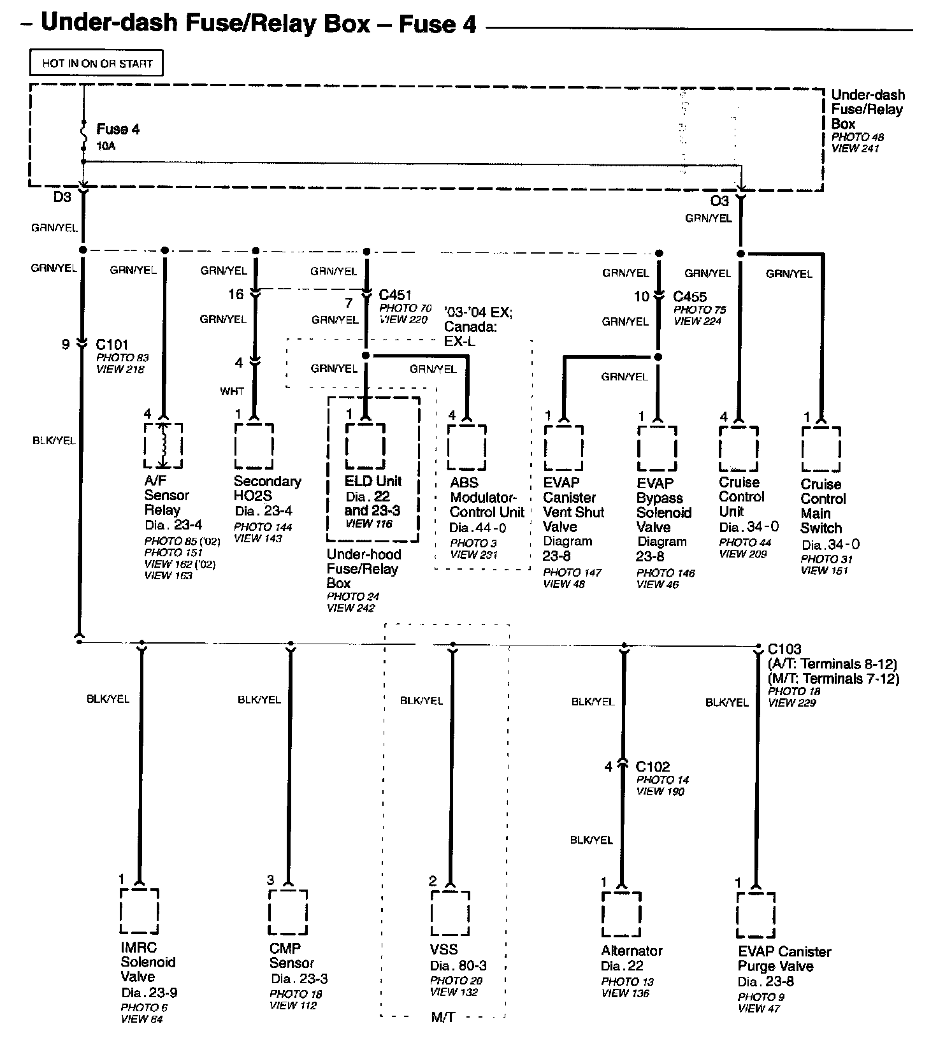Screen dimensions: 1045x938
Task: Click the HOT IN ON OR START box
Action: [x=97, y=64]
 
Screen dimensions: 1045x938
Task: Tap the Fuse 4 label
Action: [x=118, y=129]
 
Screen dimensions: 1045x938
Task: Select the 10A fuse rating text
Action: [x=106, y=146]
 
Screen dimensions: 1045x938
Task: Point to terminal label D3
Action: [x=62, y=197]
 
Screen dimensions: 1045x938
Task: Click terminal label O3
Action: [x=719, y=201]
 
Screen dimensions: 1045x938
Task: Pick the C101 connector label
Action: [x=112, y=345]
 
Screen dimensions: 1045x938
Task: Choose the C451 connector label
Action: [x=395, y=296]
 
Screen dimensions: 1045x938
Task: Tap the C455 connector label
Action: [x=689, y=297]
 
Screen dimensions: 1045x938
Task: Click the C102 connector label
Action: [x=653, y=767]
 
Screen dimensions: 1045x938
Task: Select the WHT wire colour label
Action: [x=232, y=391]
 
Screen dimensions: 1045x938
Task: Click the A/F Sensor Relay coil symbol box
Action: [x=164, y=445]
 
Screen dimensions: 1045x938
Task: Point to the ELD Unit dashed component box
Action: [x=365, y=446]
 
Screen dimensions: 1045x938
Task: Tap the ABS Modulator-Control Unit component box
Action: [x=466, y=447]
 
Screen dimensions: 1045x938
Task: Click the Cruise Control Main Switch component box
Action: [x=821, y=449]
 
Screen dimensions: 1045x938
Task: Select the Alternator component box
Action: [x=621, y=914]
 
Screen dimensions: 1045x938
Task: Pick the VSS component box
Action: [x=451, y=913]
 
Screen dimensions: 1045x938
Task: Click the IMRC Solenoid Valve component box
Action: [x=140, y=912]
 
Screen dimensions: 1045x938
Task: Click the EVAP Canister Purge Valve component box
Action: [x=756, y=915]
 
